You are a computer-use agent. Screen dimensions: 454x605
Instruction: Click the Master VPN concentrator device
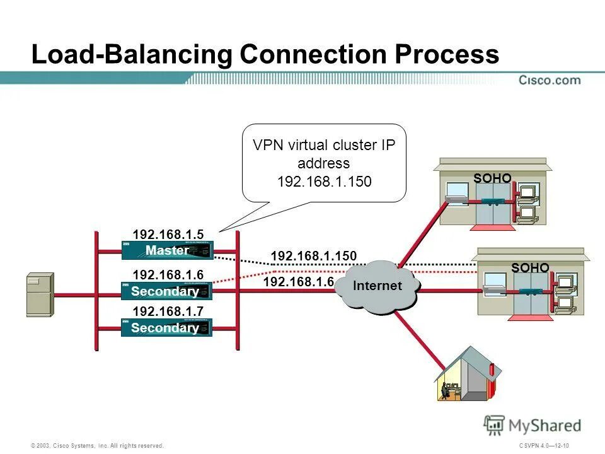167,250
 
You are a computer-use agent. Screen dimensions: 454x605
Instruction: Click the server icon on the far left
40,294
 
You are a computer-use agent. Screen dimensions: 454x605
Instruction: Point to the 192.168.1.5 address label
168,235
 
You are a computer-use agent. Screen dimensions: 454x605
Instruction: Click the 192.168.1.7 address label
168,311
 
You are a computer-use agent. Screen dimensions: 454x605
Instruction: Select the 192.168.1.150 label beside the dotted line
313,256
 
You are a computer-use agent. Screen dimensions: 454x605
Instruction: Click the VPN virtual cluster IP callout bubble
325,163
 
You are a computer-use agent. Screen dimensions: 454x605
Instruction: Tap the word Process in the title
447,55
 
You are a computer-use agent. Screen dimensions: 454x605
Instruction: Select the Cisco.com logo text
550,80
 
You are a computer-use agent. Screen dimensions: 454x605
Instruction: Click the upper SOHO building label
492,178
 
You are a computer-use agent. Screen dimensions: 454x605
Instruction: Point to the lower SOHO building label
530,268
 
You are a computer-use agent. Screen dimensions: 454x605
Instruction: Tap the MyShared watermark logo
533,426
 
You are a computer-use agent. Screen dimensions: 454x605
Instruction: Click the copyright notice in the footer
98,446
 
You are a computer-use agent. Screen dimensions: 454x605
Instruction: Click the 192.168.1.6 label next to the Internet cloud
298,282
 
